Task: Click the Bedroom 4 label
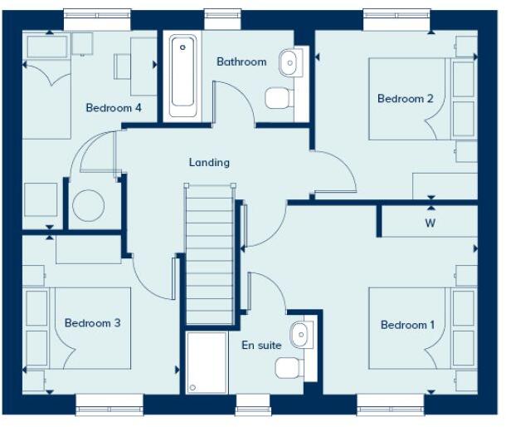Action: (x=114, y=108)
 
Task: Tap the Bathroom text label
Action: (x=241, y=61)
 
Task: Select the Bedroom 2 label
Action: (x=405, y=99)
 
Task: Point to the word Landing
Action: (x=209, y=163)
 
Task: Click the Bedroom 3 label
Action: (x=93, y=323)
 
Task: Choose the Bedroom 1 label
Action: (x=407, y=325)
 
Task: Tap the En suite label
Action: (x=261, y=345)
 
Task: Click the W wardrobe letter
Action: (x=430, y=223)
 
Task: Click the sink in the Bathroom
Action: (x=289, y=60)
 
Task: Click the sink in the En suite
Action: (x=299, y=334)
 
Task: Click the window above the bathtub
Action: (x=217, y=14)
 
